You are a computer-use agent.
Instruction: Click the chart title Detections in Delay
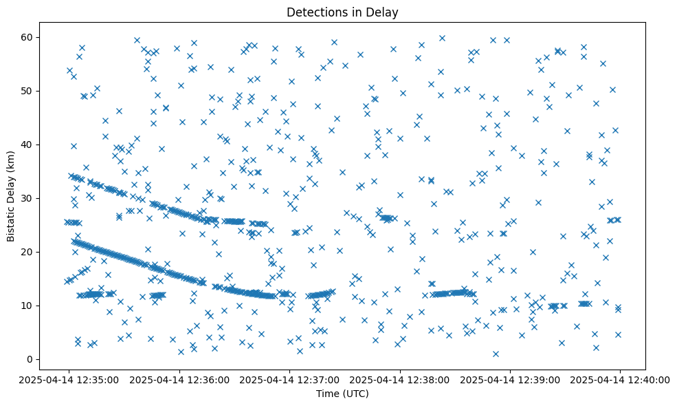(x=342, y=12)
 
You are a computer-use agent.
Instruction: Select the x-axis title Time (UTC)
(x=342, y=394)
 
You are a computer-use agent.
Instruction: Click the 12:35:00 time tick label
(x=69, y=379)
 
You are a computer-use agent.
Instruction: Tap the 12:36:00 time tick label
(x=179, y=379)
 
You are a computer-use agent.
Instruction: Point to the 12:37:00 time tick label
(x=289, y=379)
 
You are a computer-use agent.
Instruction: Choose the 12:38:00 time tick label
(x=400, y=379)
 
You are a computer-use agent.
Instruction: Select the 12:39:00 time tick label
(x=510, y=379)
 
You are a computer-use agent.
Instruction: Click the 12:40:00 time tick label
(x=620, y=379)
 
